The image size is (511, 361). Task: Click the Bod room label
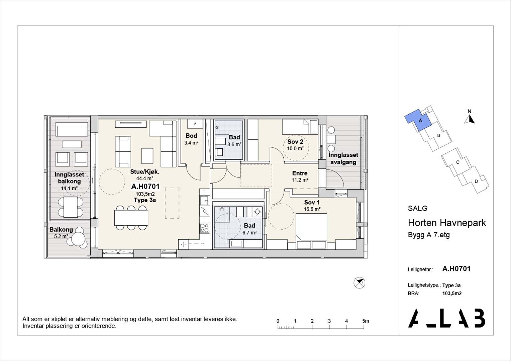pyautogui.click(x=191, y=136)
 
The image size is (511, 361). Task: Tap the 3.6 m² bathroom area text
pyautogui.click(x=234, y=144)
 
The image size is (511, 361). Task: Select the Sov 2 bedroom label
pyautogui.click(x=295, y=142)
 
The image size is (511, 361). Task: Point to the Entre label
pyautogui.click(x=300, y=173)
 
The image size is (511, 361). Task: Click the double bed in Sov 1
pyautogui.click(x=311, y=231)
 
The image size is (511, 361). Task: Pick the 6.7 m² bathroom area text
pyautogui.click(x=249, y=233)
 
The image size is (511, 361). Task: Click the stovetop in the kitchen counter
pyautogui.click(x=205, y=228)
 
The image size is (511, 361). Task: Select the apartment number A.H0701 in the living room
pyautogui.click(x=145, y=186)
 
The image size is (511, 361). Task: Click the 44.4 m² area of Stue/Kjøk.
pyautogui.click(x=144, y=178)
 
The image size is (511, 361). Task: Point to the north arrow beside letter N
pyautogui.click(x=470, y=119)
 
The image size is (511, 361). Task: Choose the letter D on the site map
pyautogui.click(x=476, y=182)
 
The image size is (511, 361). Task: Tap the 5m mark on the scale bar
pyautogui.click(x=366, y=321)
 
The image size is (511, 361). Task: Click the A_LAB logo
pyautogui.click(x=446, y=318)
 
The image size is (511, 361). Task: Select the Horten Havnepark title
pyautogui.click(x=447, y=223)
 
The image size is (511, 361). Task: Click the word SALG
pyautogui.click(x=418, y=208)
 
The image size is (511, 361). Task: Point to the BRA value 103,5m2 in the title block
pyautogui.click(x=452, y=293)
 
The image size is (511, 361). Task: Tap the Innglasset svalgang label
pyautogui.click(x=343, y=159)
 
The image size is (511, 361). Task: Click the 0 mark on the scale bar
pyautogui.click(x=278, y=321)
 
